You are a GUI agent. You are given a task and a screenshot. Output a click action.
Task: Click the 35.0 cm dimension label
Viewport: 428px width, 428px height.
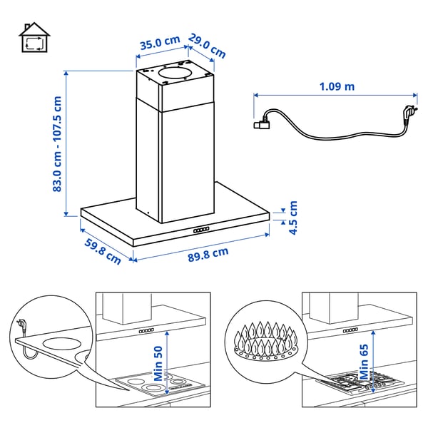click(x=159, y=44)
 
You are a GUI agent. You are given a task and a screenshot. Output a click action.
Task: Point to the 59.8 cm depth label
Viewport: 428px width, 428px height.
click(x=103, y=252)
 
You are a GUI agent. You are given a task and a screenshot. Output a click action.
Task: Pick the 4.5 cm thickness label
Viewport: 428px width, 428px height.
click(x=292, y=219)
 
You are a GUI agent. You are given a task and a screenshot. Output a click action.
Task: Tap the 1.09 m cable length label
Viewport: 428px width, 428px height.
click(x=337, y=86)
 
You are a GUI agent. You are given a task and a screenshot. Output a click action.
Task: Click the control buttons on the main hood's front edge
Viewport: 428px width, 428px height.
click(x=201, y=230)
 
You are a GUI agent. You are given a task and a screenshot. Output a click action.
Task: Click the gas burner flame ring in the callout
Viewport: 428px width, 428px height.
click(x=264, y=340)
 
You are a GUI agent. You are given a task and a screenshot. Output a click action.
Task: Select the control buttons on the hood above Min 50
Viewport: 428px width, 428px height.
click(x=147, y=332)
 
